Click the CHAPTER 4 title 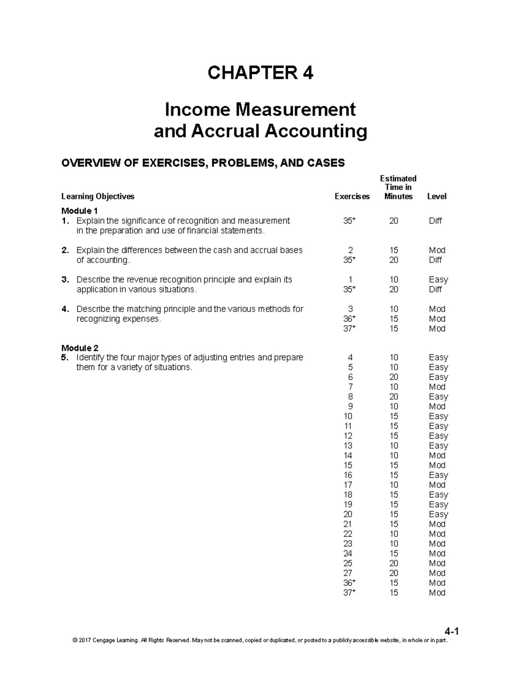(260, 73)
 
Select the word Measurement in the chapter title (295, 109)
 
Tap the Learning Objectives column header (98, 197)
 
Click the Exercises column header (352, 197)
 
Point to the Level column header (436, 197)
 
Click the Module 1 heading (79, 211)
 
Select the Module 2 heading (80, 348)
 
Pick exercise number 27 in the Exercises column (348, 573)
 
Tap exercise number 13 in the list (348, 446)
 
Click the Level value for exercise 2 (437, 250)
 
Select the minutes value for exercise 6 (393, 377)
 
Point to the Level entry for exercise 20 (438, 514)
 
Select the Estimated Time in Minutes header (398, 187)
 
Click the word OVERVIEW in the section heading (86, 163)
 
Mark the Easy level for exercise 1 (438, 280)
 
